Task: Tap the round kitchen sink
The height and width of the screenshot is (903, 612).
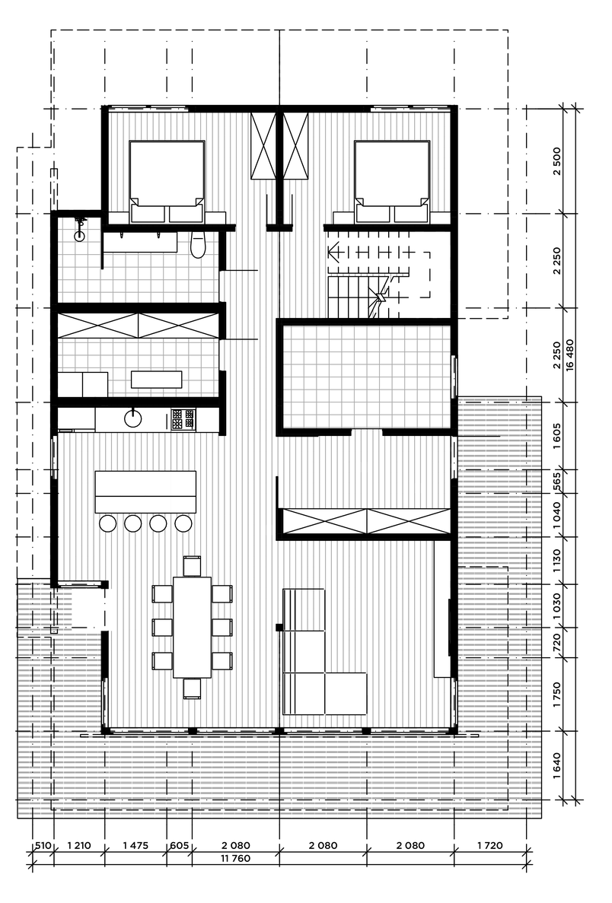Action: (x=133, y=418)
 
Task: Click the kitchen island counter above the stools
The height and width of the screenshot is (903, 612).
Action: (x=145, y=491)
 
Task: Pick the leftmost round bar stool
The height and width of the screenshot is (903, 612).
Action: (x=108, y=523)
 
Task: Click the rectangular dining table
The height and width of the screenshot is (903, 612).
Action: (x=192, y=627)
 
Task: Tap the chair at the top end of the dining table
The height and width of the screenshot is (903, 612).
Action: (x=192, y=565)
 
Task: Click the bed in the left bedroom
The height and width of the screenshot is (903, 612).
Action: (x=167, y=181)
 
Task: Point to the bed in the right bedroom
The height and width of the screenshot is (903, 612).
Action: (x=392, y=181)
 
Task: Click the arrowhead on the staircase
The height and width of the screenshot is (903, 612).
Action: (x=333, y=253)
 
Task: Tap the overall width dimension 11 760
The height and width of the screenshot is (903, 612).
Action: (x=235, y=858)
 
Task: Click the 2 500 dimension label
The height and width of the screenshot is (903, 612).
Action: (x=556, y=162)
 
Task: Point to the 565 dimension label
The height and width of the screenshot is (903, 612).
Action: (x=556, y=482)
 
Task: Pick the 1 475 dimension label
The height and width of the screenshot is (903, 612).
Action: (x=135, y=845)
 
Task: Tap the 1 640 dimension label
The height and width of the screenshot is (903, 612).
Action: (x=556, y=765)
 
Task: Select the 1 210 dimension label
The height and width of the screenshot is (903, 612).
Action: (x=79, y=845)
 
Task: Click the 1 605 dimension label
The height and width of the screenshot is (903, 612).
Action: (x=556, y=436)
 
